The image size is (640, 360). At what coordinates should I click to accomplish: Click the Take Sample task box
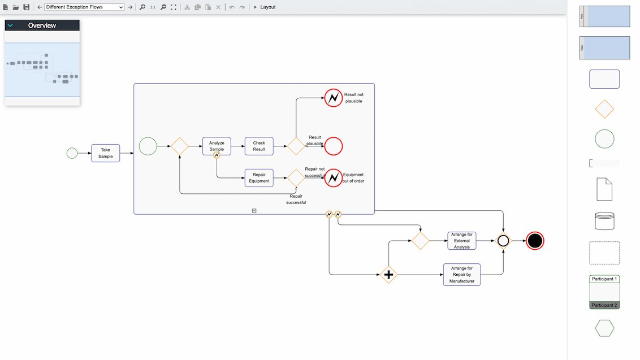pyautogui.click(x=106, y=153)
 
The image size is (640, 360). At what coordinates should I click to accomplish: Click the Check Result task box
pyautogui.click(x=259, y=146)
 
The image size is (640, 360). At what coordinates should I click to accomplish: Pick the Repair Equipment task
pyautogui.click(x=259, y=177)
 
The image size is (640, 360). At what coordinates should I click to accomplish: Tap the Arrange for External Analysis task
pyautogui.click(x=462, y=241)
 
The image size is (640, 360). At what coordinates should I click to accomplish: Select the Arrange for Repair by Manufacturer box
pyautogui.click(x=462, y=275)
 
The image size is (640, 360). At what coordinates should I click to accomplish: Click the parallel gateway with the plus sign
pyautogui.click(x=388, y=275)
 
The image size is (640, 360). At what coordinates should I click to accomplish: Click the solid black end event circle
pyautogui.click(x=535, y=241)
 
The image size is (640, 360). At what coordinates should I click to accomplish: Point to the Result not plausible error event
pyautogui.click(x=334, y=98)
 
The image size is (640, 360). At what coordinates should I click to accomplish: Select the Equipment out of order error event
pyautogui.click(x=334, y=177)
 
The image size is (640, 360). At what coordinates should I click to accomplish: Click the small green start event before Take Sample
pyautogui.click(x=72, y=153)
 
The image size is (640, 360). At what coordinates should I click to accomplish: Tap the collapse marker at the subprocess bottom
pyautogui.click(x=254, y=211)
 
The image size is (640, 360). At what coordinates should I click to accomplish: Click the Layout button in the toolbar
pyautogui.click(x=265, y=7)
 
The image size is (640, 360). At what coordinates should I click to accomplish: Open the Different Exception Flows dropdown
pyautogui.click(x=84, y=7)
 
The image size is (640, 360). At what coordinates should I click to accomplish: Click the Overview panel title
pyautogui.click(x=42, y=25)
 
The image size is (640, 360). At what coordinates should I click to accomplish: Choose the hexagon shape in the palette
pyautogui.click(x=604, y=328)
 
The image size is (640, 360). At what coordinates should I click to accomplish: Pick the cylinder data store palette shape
pyautogui.click(x=604, y=220)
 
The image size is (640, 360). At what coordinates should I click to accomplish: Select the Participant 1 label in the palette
pyautogui.click(x=604, y=279)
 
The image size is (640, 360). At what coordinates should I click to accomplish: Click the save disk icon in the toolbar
pyautogui.click(x=26, y=7)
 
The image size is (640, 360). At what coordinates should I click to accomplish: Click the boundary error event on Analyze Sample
pyautogui.click(x=217, y=155)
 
